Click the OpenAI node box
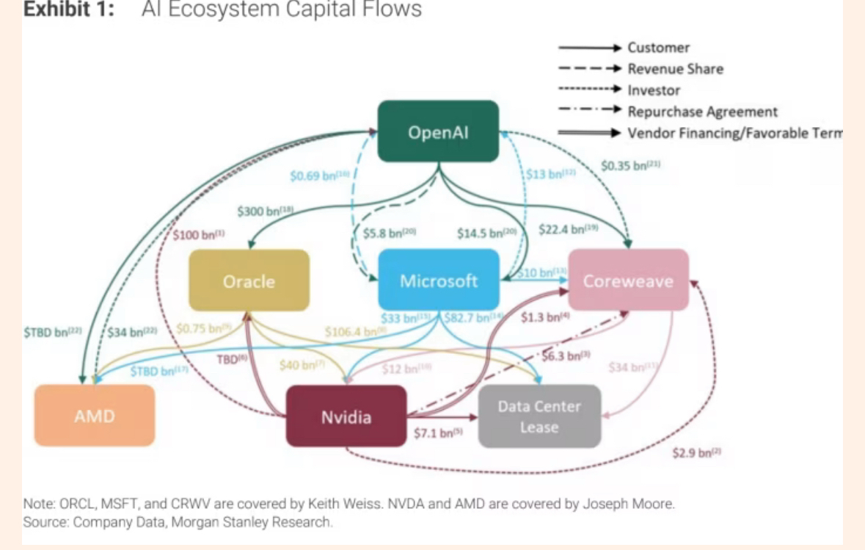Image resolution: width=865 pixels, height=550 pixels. click(438, 131)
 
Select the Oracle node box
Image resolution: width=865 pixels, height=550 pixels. click(249, 281)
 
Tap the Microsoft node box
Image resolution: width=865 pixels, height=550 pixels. click(438, 281)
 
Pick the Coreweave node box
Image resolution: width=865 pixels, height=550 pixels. click(628, 281)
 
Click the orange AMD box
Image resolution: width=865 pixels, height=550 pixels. click(95, 416)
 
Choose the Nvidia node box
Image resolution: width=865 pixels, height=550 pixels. click(346, 416)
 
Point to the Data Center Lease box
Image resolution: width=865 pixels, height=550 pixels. click(539, 416)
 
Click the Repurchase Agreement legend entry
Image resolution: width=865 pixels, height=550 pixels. click(702, 112)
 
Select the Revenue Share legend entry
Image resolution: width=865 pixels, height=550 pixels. click(675, 69)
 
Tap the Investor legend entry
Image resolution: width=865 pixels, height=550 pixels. click(654, 90)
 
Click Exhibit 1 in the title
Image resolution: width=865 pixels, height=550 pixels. click(69, 9)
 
